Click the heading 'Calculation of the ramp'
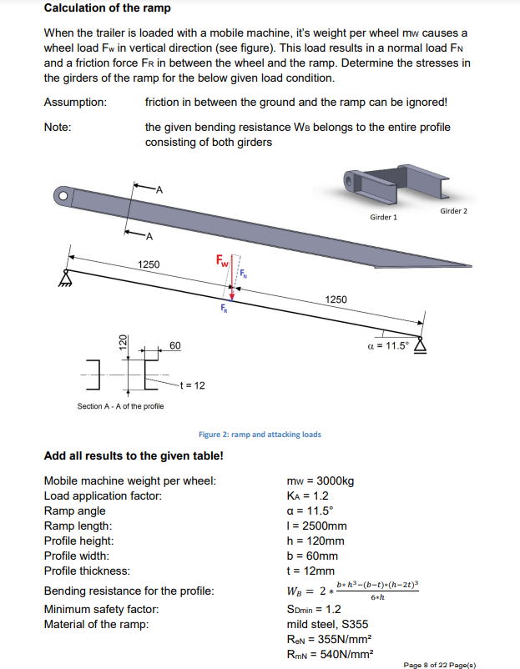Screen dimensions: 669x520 coord(107,8)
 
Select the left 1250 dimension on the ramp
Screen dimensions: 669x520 coord(149,264)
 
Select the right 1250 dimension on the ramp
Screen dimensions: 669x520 coord(336,299)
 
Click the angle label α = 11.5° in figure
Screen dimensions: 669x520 coord(389,345)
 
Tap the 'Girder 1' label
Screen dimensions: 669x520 coord(383,217)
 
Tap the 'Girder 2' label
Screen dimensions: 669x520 coord(453,211)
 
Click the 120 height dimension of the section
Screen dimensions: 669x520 coord(123,342)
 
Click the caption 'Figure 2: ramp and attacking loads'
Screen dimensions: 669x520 coord(260,434)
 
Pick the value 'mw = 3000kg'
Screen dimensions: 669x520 coord(320,481)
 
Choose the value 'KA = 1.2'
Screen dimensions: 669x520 coord(307,496)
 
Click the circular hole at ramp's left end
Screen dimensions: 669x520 coord(62,196)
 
